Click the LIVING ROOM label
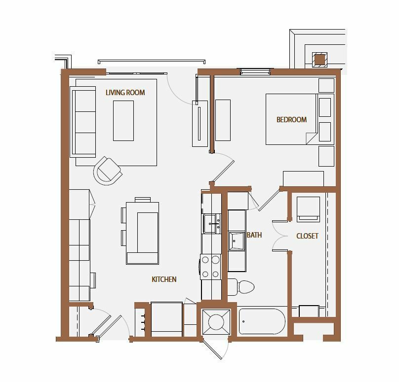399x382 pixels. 125,93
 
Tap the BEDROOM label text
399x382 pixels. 291,120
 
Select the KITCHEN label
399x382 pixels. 164,279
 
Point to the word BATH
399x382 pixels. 254,235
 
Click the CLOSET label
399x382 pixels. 307,236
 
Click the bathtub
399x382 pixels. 262,321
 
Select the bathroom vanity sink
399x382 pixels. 237,241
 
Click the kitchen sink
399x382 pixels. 212,223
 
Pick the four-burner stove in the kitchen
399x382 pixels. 210,267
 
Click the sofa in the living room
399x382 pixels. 82,122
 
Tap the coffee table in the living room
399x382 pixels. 123,121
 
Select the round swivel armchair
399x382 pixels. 108,171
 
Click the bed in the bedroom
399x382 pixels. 291,119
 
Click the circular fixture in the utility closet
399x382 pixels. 216,322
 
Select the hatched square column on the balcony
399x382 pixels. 320,60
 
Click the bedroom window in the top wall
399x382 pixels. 255,71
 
